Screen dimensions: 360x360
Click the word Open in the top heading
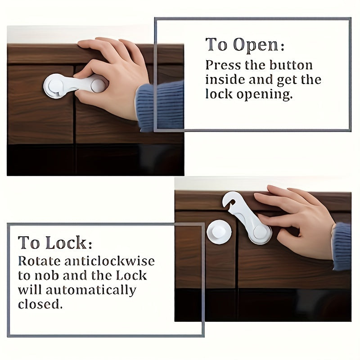coord(256,45)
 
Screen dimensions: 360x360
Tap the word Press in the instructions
coord(223,65)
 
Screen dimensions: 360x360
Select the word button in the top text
coord(291,65)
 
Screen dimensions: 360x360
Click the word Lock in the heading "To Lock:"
coord(66,243)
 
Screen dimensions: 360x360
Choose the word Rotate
coord(39,261)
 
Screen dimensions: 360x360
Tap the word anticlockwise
coord(109,261)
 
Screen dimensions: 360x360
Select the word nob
coord(46,276)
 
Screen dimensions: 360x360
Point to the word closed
coord(40,305)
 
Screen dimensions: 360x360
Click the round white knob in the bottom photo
coord(219,232)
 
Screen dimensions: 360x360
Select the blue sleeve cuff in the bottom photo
coord(342,246)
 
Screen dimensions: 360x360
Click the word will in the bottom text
coord(30,290)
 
